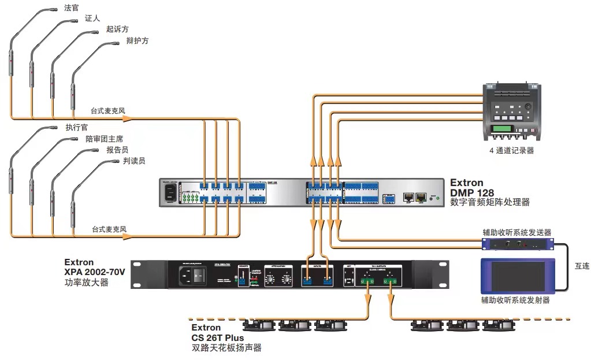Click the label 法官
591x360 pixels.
72,9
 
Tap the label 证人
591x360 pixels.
92,19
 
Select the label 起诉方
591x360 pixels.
118,29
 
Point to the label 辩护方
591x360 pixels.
137,40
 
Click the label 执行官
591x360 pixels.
77,128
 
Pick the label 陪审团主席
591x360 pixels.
104,139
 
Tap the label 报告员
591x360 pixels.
118,150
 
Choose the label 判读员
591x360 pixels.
134,161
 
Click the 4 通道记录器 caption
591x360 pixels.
511,150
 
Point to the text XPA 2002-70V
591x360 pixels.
95,272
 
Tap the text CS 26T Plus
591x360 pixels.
218,337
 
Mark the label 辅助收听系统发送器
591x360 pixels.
517,232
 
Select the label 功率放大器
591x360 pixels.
86,283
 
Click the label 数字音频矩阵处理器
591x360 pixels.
490,203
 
